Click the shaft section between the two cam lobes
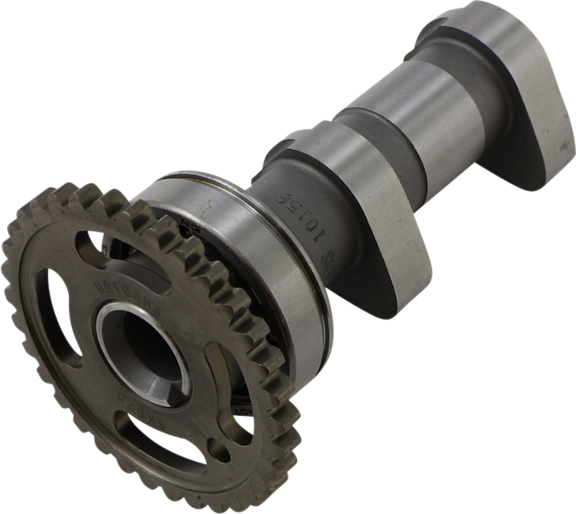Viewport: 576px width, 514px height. click(x=395, y=103)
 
